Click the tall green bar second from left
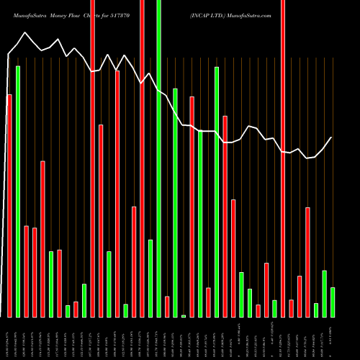(x=18, y=191)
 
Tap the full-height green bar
(x=158, y=158)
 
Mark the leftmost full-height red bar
(x=93, y=158)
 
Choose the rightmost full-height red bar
(x=283, y=158)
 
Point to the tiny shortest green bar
(x=184, y=315)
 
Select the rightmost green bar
(x=332, y=302)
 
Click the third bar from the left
(x=27, y=271)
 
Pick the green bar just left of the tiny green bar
(x=175, y=202)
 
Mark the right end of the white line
(x=332, y=138)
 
